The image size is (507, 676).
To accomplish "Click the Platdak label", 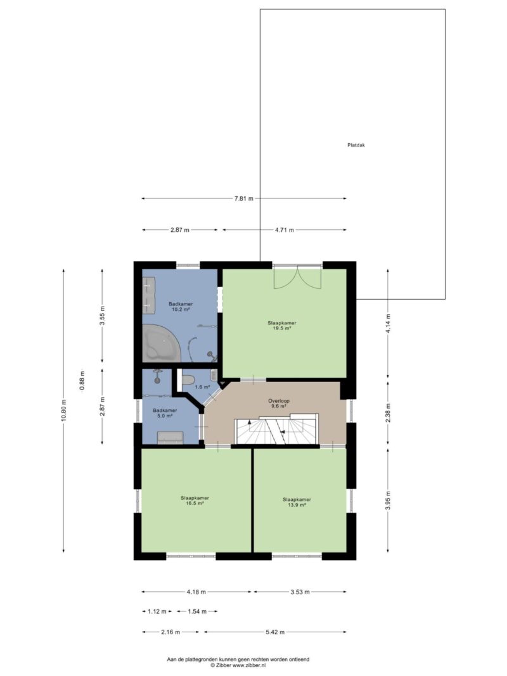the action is point(356,145).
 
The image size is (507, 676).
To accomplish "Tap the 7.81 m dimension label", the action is point(243,199).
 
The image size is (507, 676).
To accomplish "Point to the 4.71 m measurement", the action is point(285,230).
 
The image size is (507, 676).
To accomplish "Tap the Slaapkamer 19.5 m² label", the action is point(282,326).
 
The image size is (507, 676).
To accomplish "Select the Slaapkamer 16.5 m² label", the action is point(195,500).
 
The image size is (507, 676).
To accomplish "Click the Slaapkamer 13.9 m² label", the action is point(297,502).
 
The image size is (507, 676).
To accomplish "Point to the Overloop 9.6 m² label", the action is point(278,404).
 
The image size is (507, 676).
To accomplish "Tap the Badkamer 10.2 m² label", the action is point(181,307).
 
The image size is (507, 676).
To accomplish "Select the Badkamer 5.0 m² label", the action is point(165,413).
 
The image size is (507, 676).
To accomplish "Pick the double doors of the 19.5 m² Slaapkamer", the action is point(298,278).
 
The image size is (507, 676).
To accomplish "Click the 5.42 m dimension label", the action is point(274,632).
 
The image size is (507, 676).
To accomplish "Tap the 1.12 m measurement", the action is point(157,611).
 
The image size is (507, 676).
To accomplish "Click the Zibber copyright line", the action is point(238,666).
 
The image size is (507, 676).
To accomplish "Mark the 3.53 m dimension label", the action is point(300,592).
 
